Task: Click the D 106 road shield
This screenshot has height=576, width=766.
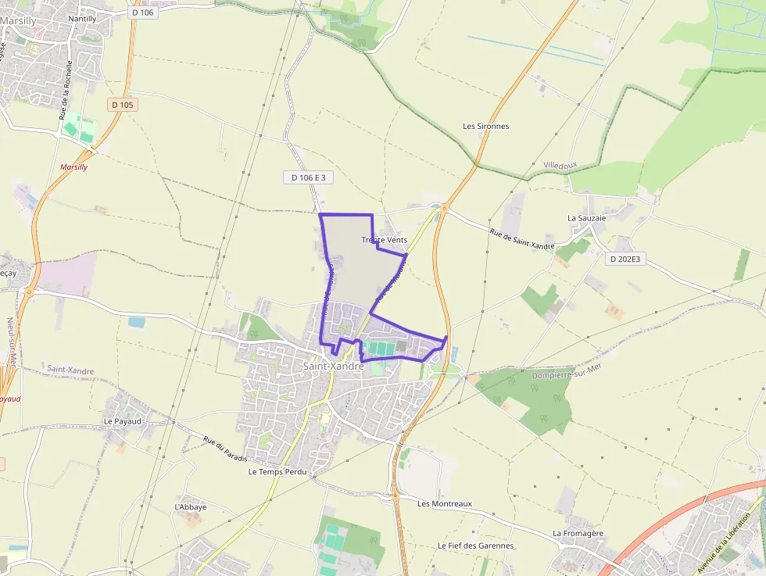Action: point(143,12)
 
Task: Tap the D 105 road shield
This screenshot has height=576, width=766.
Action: point(123,104)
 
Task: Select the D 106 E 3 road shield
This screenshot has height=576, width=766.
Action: point(308,177)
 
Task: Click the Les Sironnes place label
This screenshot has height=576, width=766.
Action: point(485,126)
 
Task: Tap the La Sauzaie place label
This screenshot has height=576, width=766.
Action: point(586,218)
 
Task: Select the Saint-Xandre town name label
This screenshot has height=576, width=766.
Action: point(333,366)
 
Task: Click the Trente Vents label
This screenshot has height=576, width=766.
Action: point(385,240)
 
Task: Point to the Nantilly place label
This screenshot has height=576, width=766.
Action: point(82,18)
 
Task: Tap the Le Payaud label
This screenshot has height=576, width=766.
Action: point(123,420)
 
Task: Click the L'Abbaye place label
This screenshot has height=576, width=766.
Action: point(191,506)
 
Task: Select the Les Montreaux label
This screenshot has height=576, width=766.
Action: point(445,503)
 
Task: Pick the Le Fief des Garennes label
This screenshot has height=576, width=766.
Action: point(475,546)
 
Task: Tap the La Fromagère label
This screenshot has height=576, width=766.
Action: point(578,533)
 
